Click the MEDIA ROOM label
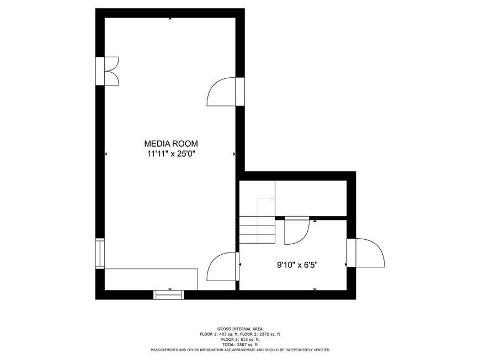click(171, 143)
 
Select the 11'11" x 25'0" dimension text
click(171, 154)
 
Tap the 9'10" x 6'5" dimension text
click(297, 265)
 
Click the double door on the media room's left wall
click(108, 71)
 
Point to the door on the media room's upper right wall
click(226, 92)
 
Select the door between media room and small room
click(223, 266)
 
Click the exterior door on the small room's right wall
click(365, 253)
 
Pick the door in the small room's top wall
click(297, 230)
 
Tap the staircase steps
click(257, 230)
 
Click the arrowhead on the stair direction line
click(273, 198)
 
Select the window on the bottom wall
click(169, 294)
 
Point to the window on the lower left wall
click(100, 254)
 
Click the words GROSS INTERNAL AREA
click(239, 329)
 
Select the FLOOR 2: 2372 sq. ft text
click(260, 334)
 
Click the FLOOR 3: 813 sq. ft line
click(239, 340)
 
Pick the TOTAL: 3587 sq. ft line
click(239, 345)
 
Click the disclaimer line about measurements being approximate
click(239, 350)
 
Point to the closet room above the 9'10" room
click(311, 198)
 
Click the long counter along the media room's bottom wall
click(151, 280)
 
